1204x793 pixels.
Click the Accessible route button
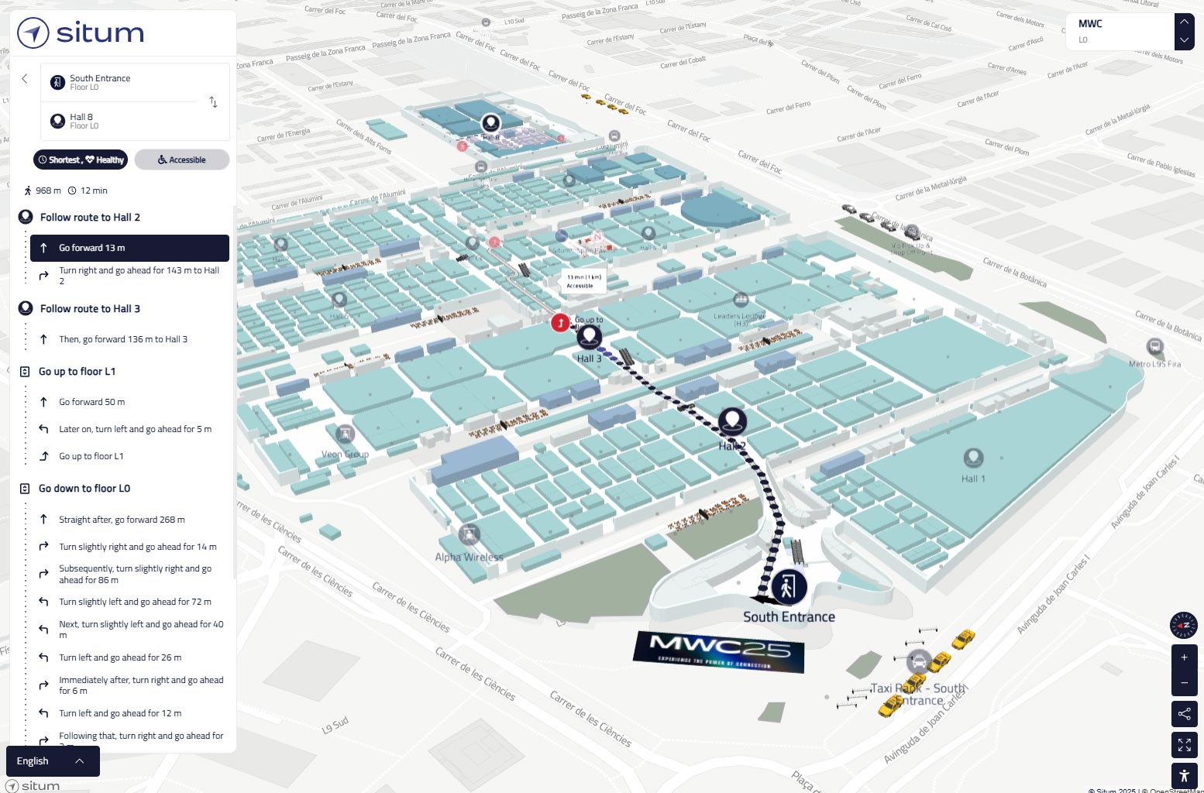coord(182,160)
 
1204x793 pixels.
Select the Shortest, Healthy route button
coord(81,160)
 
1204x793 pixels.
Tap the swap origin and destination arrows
coord(213,102)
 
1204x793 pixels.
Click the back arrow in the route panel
coord(25,78)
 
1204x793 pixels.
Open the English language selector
coord(53,761)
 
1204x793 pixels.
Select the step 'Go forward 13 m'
coord(129,248)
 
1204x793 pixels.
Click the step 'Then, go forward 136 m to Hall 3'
coord(123,339)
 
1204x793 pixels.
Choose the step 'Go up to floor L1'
coord(91,456)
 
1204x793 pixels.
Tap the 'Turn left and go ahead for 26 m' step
coord(120,657)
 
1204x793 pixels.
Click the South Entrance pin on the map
coord(789,587)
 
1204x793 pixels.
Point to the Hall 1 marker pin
coord(973,458)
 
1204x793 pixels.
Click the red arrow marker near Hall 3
coord(560,322)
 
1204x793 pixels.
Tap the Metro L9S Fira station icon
coord(1154,347)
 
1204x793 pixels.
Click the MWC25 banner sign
coord(719,651)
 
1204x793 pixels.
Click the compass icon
coord(1184,625)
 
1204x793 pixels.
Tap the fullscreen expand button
coord(1184,745)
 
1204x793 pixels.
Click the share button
coord(1184,714)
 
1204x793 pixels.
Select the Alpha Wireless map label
coord(470,557)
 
